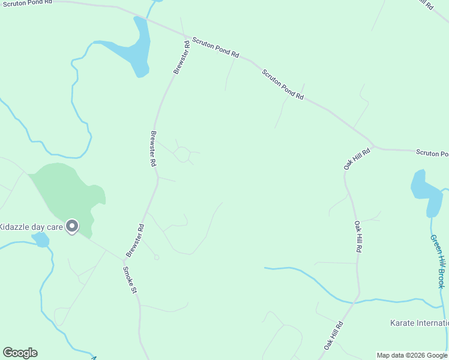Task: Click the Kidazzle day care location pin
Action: point(72,226)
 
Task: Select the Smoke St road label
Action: point(130,280)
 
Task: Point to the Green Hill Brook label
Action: point(438,261)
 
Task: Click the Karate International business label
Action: point(419,323)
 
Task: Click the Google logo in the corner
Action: point(20,353)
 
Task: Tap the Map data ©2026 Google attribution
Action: point(412,355)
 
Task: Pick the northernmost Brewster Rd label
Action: point(182,58)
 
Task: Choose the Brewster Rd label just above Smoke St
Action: point(136,241)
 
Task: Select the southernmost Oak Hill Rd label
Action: point(333,335)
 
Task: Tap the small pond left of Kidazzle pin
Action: point(41,240)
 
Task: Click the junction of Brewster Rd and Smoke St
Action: point(124,260)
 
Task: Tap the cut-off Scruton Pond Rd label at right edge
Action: point(432,154)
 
